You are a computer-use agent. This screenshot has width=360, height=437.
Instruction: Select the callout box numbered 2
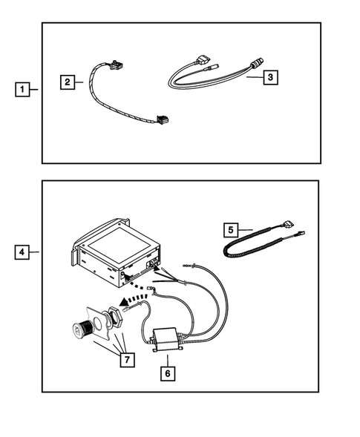tap(68, 82)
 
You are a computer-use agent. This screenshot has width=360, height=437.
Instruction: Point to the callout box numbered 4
tap(24, 253)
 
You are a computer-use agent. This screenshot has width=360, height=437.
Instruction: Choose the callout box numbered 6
tap(168, 374)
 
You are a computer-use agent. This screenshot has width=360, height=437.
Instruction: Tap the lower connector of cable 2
tap(161, 119)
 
